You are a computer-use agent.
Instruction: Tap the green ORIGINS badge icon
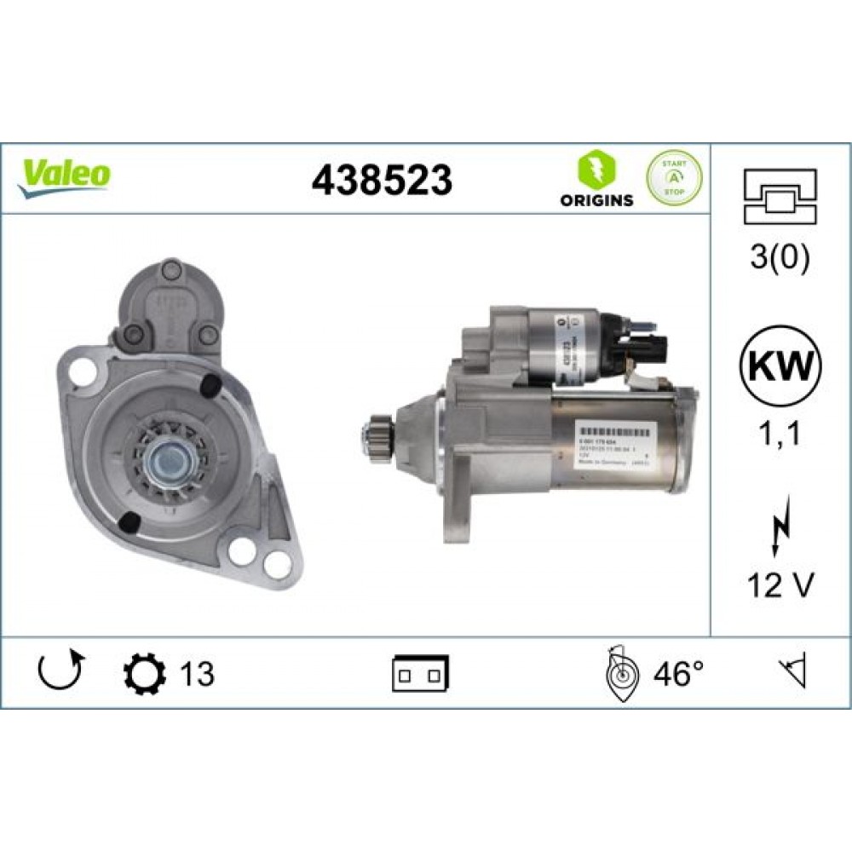(596, 170)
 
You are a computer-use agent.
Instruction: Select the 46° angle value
(679, 675)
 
